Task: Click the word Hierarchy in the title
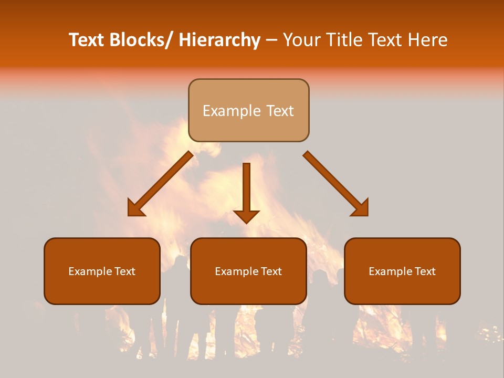pos(219,40)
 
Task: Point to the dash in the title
pos(271,40)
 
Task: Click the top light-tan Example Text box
pos(248,110)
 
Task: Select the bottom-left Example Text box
pos(102,271)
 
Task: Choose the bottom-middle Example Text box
pos(248,271)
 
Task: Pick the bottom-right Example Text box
pos(402,271)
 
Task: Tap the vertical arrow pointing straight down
pos(246,192)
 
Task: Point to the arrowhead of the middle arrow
pos(246,215)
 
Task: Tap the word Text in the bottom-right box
pos(425,271)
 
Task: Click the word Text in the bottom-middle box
pos(271,271)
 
